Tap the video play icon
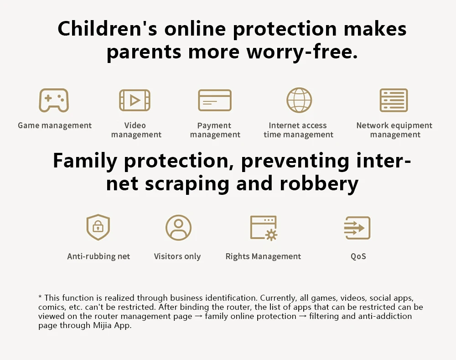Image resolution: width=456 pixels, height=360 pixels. [x=135, y=100]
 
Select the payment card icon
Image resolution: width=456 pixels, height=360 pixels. [x=215, y=100]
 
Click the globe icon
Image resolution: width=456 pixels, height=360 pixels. [x=299, y=100]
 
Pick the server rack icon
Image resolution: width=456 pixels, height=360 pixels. [x=394, y=100]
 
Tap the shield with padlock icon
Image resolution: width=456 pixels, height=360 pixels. [x=98, y=227]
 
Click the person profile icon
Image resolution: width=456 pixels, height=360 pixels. [x=179, y=227]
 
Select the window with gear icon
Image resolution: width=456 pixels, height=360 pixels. [x=264, y=228]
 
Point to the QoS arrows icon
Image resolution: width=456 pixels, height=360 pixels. [x=358, y=228]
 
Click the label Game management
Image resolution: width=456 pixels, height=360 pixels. [x=55, y=125]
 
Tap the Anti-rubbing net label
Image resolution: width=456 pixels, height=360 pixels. [x=98, y=256]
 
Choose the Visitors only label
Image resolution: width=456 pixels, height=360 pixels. [x=177, y=256]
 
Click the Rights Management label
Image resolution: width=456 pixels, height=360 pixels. [x=263, y=256]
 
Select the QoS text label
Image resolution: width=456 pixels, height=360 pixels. [x=358, y=256]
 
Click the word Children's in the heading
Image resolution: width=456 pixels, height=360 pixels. [x=107, y=29]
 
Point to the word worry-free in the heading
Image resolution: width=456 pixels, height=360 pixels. [x=302, y=52]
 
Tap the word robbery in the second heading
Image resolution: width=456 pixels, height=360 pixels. [x=319, y=183]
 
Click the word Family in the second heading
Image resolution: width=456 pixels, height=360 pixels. [x=85, y=161]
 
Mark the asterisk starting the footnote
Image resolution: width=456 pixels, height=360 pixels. [x=40, y=297]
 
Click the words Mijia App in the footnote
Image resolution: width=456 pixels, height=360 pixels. [x=112, y=325]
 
